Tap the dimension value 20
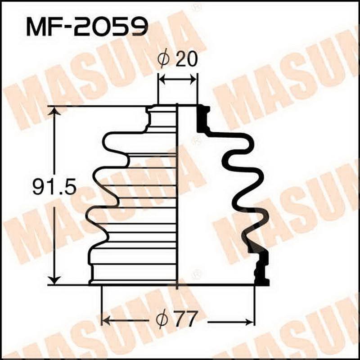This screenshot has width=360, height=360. tap(187, 60)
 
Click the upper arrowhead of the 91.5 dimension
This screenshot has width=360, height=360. tap(54, 112)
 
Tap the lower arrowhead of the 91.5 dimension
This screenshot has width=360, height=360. tap(54, 279)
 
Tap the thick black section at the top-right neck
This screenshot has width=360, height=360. tap(203, 118)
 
